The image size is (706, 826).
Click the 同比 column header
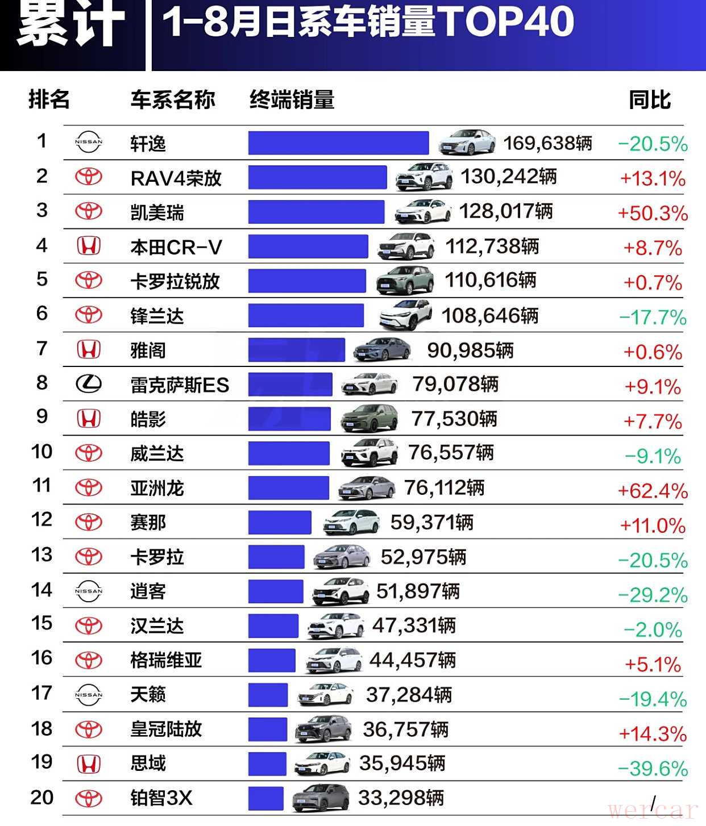[650, 100]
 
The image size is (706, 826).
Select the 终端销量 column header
[292, 100]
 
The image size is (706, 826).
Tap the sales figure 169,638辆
[547, 143]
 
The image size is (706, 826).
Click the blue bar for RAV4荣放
[317, 177]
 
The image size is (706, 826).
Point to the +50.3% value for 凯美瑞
[653, 213]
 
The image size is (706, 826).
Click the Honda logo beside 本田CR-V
[89, 246]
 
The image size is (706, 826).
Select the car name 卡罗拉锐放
[175, 281]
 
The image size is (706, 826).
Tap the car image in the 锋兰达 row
[405, 315]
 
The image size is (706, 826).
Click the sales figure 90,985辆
[470, 351]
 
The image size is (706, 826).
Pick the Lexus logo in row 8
[89, 384]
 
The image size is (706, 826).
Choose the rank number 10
[41, 452]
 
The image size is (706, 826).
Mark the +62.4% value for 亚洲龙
[653, 491]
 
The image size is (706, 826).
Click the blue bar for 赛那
[280, 523]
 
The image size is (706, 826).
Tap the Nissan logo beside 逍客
[89, 591]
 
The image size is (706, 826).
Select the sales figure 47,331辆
[414, 626]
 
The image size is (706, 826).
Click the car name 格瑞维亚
[166, 660]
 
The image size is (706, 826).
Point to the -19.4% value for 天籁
[653, 699]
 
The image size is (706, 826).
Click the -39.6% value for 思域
[653, 769]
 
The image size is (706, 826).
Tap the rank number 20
[41, 798]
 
